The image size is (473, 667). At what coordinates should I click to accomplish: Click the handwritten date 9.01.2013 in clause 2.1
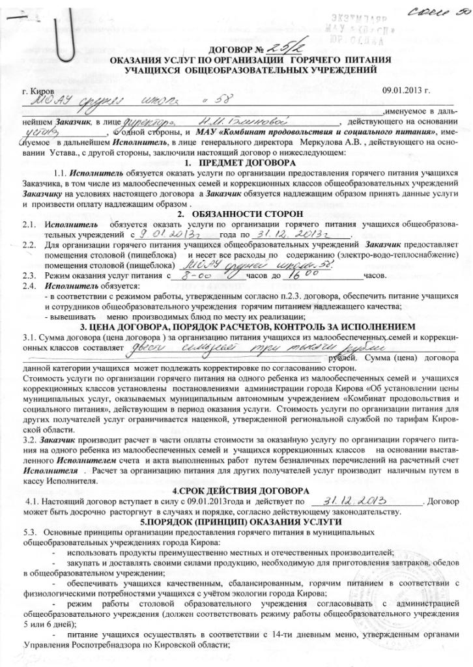tap(159, 234)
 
